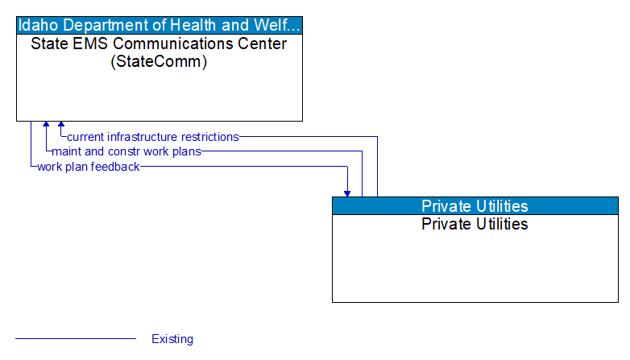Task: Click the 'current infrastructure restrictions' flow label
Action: [x=153, y=137]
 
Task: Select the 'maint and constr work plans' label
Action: [x=126, y=151]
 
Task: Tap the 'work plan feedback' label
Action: [x=88, y=167]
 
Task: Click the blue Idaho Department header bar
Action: [x=160, y=24]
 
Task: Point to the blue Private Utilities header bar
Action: [x=475, y=205]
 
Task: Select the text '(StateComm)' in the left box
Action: [x=159, y=61]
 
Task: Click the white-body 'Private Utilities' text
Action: [x=475, y=224]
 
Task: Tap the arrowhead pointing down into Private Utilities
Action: [x=347, y=192]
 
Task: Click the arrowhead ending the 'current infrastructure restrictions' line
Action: [x=61, y=126]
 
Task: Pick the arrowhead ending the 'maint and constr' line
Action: [x=47, y=126]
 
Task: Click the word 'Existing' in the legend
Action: [x=172, y=339]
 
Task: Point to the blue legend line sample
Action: [x=76, y=339]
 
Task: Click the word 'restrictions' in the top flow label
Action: [x=209, y=137]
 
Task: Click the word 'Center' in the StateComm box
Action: [x=264, y=43]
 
